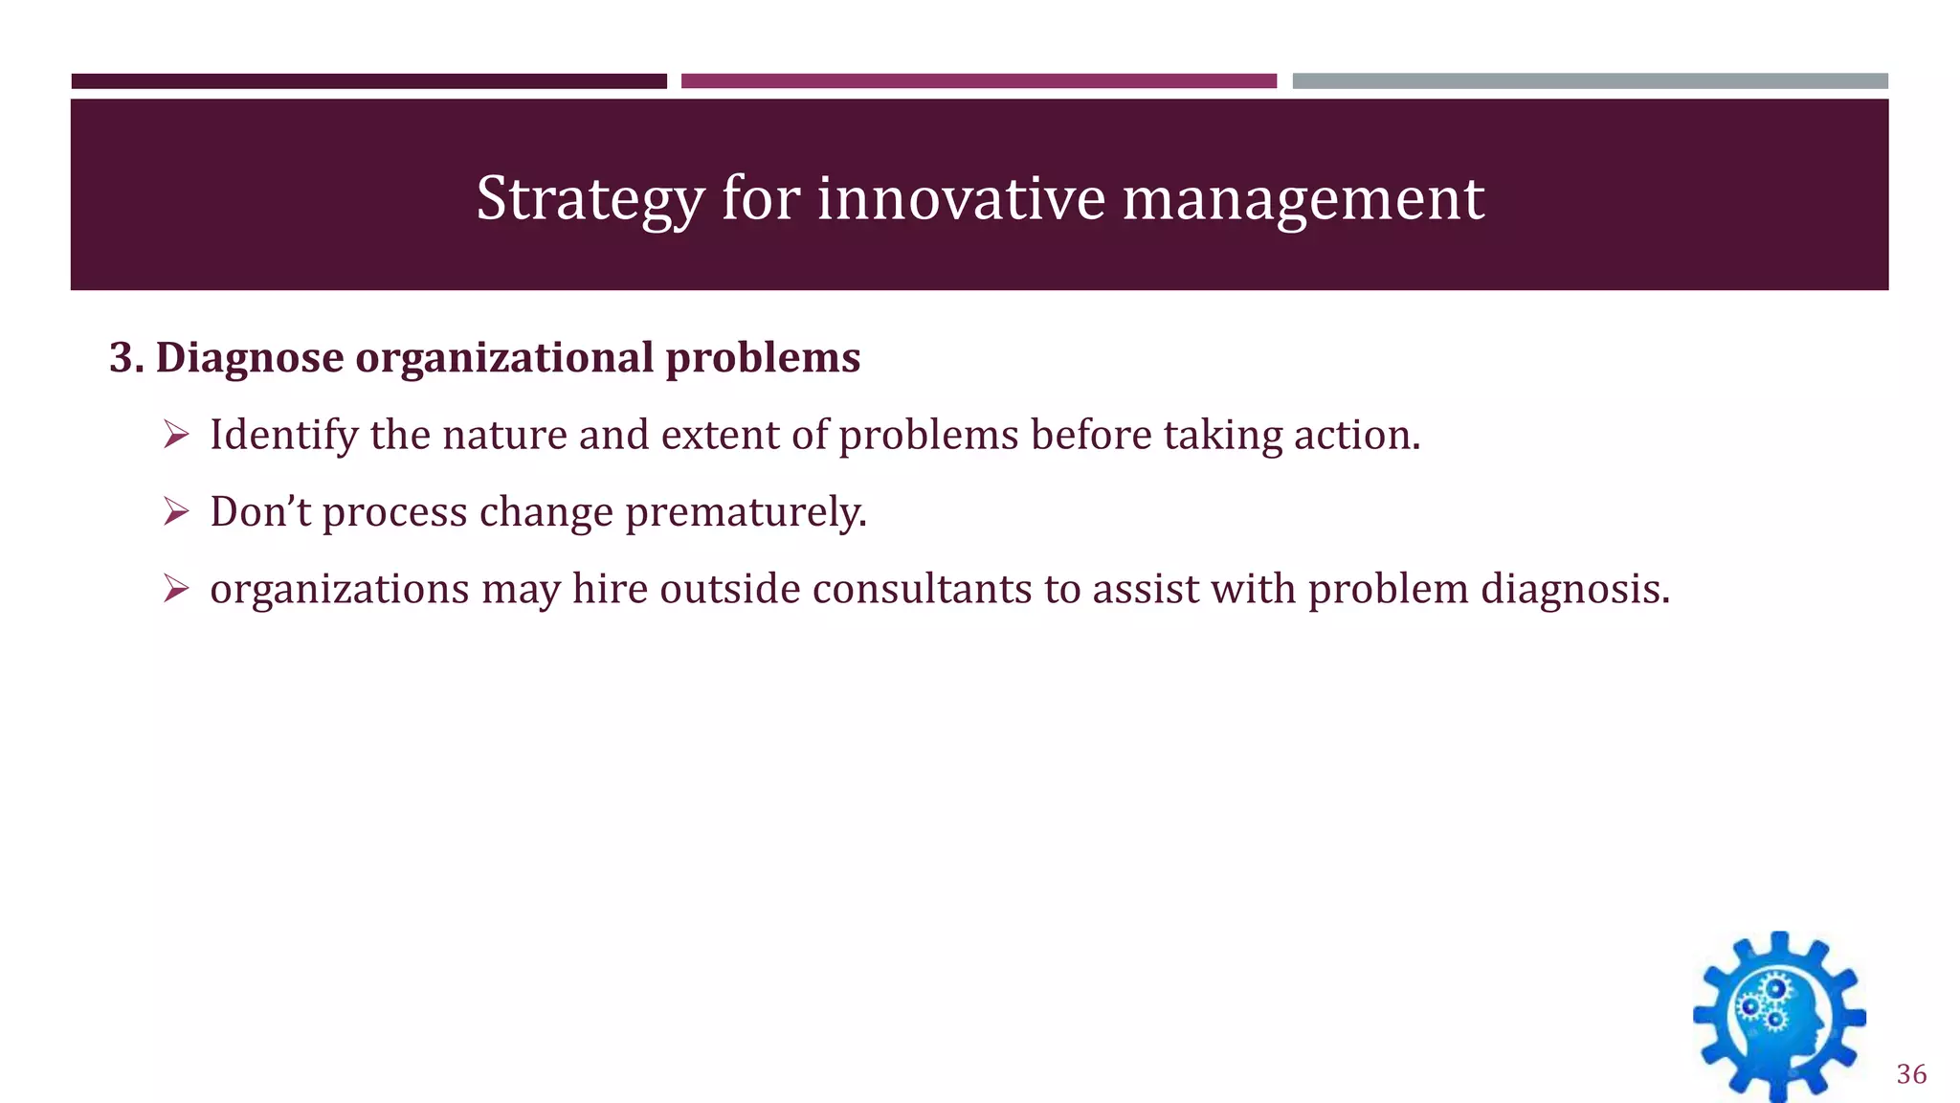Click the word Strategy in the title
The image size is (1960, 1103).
coord(590,199)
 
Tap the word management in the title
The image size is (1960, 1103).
coord(1303,199)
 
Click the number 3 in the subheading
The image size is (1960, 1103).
coord(121,358)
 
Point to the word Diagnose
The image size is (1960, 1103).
coord(249,358)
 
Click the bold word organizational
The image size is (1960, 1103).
coord(504,358)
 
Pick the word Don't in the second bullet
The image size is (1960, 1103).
coord(260,512)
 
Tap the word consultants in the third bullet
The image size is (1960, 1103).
coord(922,589)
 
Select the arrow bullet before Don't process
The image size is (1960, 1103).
coord(176,512)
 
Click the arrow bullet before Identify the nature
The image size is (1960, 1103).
coord(176,436)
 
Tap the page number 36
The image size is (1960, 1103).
coord(1911,1074)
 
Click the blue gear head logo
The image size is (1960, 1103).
coord(1778,1017)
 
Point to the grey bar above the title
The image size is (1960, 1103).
coord(1590,81)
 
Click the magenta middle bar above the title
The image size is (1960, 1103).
coord(978,81)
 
